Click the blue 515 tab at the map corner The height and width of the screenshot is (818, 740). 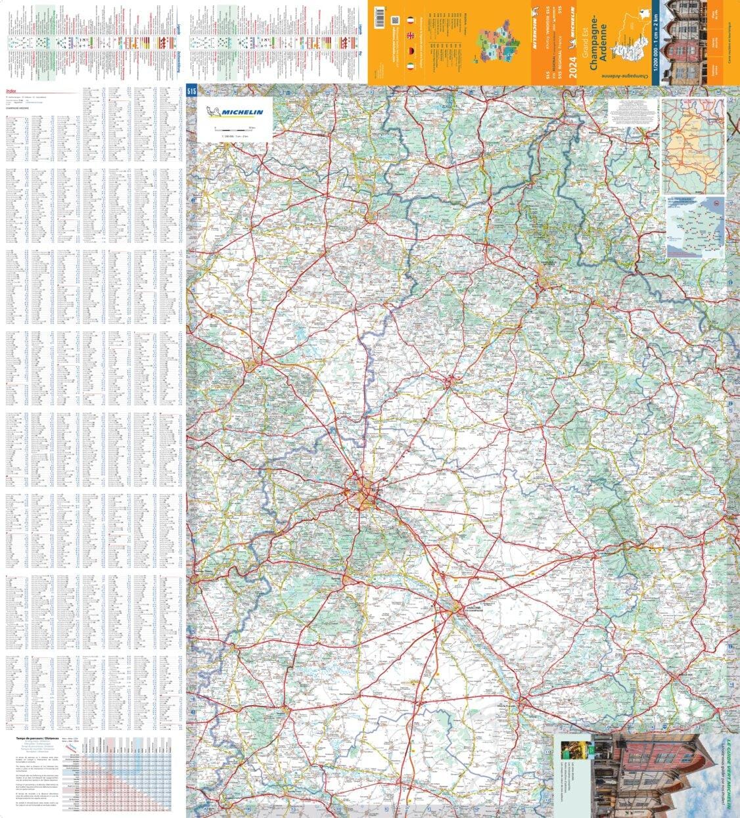[x=192, y=91]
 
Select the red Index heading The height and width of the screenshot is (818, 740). [x=10, y=92]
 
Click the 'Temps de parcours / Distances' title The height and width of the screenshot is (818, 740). [x=32, y=740]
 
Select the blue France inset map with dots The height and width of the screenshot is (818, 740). [x=695, y=227]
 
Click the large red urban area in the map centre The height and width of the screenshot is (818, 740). [x=363, y=493]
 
